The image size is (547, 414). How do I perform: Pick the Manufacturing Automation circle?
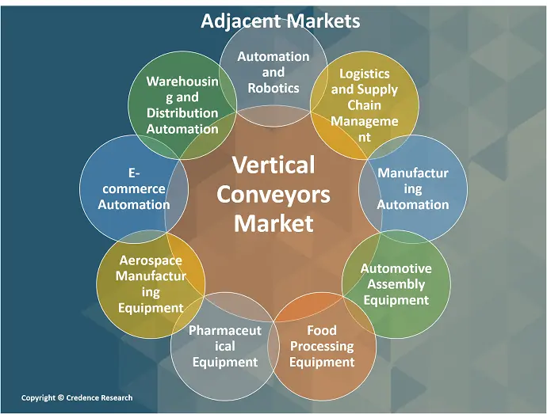coord(412,188)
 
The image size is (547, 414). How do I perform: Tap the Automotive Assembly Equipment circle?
coord(396,283)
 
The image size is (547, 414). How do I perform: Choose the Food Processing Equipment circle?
coord(322,346)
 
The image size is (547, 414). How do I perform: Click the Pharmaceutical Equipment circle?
coord(225,346)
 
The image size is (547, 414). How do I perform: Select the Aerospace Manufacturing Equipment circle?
coord(151,283)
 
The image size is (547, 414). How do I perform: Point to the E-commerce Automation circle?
coord(134,188)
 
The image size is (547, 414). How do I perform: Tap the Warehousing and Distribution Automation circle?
coord(182,105)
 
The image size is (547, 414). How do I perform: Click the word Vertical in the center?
coord(273,165)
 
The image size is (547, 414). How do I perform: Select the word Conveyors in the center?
coord(273,194)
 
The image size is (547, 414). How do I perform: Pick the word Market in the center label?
coord(273,222)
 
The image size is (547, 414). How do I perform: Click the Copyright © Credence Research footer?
coord(77,397)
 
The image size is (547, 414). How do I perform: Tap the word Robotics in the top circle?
coord(273,87)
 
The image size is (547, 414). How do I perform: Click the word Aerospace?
coord(151,260)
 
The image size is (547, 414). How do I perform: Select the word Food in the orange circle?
coord(322,330)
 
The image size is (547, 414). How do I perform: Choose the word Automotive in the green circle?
coord(396,268)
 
